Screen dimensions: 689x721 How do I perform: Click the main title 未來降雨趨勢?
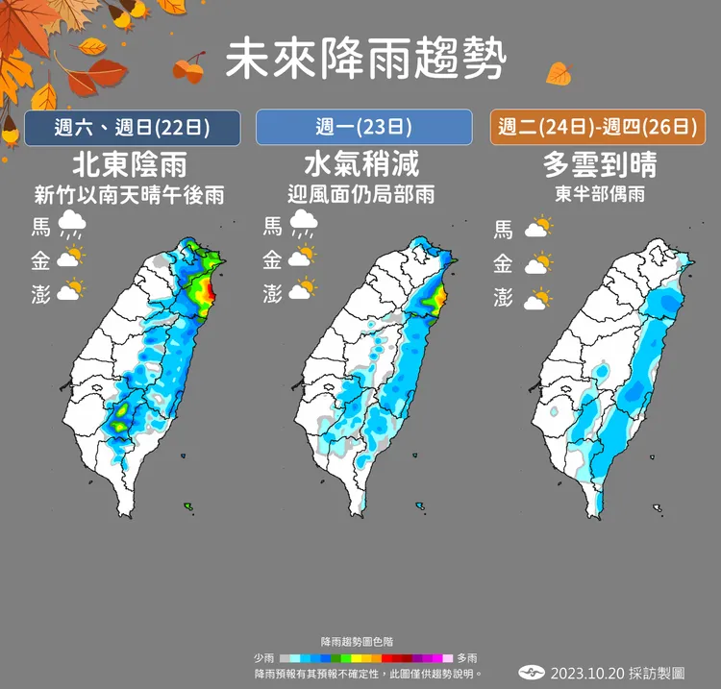(364, 62)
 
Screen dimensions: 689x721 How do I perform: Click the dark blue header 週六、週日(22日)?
(132, 127)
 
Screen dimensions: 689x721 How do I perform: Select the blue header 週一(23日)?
(363, 127)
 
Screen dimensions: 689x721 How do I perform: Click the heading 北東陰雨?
(129, 163)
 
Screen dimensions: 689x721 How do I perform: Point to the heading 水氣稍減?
(361, 163)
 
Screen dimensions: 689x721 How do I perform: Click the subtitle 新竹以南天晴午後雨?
(129, 194)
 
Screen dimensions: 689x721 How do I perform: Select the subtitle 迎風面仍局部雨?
(361, 194)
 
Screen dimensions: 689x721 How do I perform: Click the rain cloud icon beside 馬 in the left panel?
(71, 227)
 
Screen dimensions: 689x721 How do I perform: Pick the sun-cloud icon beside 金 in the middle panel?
(303, 257)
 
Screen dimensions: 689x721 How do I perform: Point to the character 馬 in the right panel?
(503, 229)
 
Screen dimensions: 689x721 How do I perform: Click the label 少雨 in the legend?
(264, 657)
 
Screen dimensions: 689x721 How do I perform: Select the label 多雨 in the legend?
(467, 657)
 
